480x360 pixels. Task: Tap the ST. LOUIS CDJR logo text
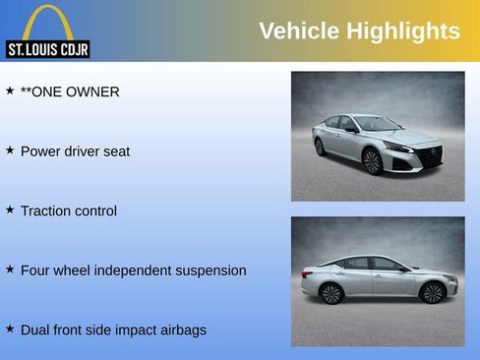pos(47,49)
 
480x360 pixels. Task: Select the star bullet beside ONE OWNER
pos(10,90)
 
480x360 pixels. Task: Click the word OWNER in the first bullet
pos(94,92)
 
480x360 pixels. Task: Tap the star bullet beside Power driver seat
pos(10,150)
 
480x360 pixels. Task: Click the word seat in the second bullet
pos(115,151)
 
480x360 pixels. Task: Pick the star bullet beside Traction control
pos(10,210)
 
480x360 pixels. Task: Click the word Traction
pos(48,210)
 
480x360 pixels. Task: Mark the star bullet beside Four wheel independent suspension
pos(10,269)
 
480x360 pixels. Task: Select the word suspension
pos(207,270)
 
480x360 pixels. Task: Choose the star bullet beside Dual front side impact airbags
pos(10,329)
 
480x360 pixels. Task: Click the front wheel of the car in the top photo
pos(372,161)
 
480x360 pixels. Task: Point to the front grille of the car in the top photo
pos(430,154)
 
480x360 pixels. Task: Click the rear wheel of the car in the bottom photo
pos(331,293)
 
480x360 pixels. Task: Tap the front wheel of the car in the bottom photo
pos(431,292)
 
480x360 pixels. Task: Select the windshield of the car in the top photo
pos(376,123)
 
